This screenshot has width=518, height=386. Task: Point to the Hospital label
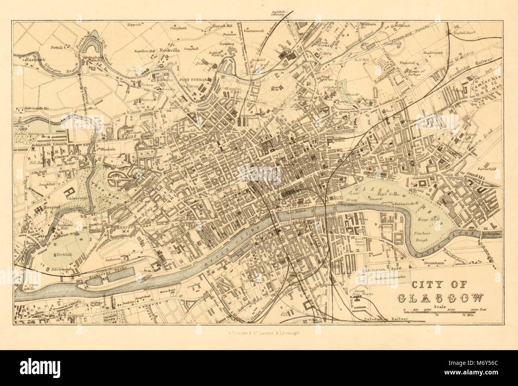52,208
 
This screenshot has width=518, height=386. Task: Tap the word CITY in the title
425,285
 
